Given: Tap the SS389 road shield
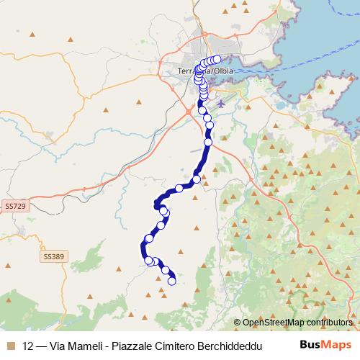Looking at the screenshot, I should [53, 256].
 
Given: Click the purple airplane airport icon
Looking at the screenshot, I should [220, 103].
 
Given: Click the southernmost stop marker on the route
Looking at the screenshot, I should [172, 282].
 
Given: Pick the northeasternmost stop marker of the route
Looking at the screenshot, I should [217, 60].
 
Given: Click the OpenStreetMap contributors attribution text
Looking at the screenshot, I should [297, 323].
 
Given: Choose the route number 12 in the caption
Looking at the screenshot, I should [28, 344].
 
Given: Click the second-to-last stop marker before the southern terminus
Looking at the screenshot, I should [166, 271].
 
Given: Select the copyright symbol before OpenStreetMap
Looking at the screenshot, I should [237, 323].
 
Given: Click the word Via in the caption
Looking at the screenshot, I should [55, 344].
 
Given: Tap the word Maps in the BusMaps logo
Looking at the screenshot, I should [333, 344].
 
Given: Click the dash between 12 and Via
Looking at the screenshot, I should [40, 344].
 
